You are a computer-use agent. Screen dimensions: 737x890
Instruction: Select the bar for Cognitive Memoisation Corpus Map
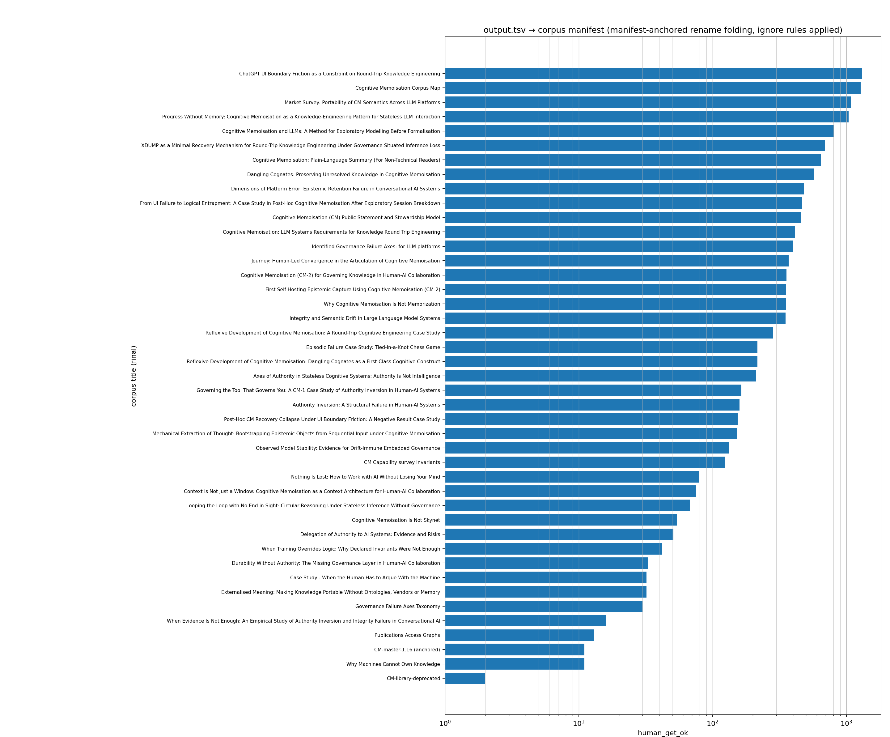653,88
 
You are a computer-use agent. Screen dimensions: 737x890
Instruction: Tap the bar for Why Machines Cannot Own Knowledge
515,664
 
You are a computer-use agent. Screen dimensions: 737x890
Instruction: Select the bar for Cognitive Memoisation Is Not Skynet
561,520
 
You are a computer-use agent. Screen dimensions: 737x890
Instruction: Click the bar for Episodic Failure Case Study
601,347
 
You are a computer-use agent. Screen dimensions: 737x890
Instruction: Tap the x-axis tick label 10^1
578,723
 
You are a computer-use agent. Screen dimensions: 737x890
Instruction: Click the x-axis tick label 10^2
712,723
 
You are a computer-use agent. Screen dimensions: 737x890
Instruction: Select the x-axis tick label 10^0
445,723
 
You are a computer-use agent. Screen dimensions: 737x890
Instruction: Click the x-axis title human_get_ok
663,733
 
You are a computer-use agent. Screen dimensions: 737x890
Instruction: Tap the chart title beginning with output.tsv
663,30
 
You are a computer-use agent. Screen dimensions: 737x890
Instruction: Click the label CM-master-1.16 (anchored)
407,650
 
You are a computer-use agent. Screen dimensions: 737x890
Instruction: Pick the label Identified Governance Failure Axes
376,246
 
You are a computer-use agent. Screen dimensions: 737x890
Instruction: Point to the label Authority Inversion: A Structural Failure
366,405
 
